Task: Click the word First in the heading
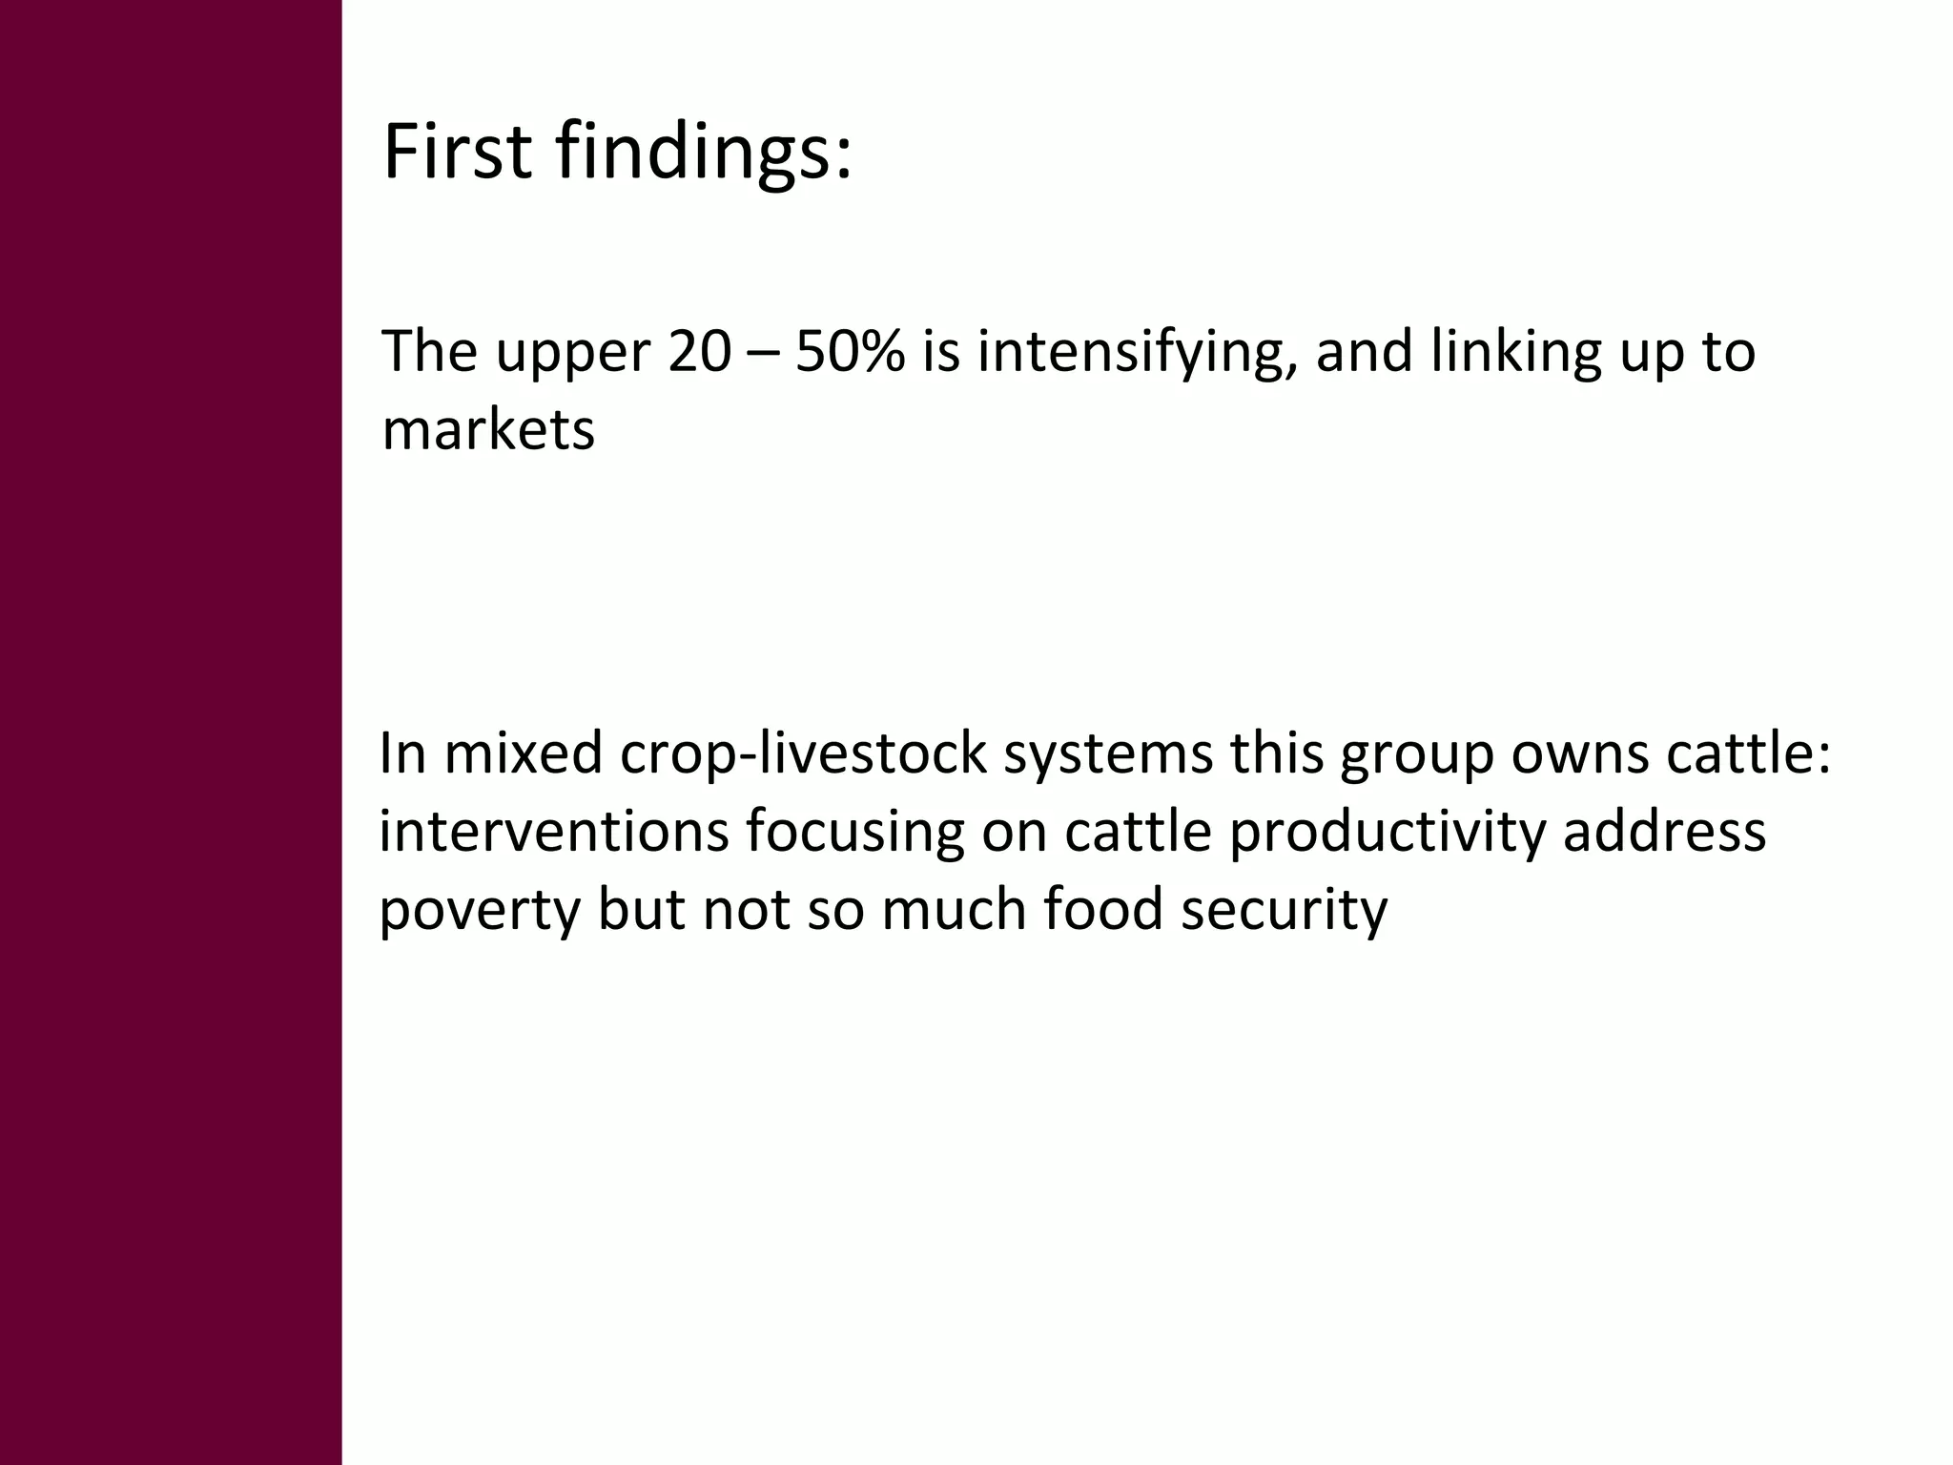[457, 153]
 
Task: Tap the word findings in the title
[701, 153]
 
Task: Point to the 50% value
[850, 352]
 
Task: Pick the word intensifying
[1137, 352]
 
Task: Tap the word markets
[488, 430]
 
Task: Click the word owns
[1580, 753]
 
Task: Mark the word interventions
[553, 832]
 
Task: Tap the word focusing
[855, 832]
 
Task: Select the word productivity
[1387, 832]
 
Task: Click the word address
[1664, 832]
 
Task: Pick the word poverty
[480, 911]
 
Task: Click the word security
[1284, 911]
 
